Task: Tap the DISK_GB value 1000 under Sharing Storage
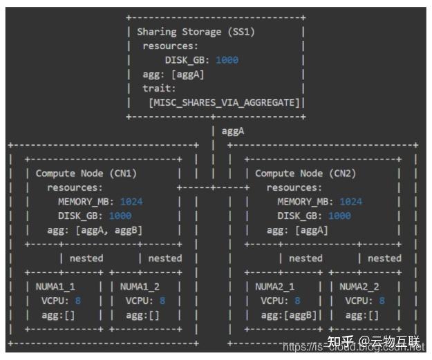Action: point(227,60)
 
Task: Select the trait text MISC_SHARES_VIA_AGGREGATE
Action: point(225,102)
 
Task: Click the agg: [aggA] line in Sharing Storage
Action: point(173,74)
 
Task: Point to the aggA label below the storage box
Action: point(233,131)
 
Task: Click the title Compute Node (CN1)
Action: point(86,173)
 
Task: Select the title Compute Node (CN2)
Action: point(305,173)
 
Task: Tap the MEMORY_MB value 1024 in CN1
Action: point(131,202)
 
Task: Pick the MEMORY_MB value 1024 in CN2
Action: point(350,202)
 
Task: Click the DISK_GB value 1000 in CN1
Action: point(120,216)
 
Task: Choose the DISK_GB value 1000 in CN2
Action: point(339,216)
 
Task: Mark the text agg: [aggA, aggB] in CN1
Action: point(95,230)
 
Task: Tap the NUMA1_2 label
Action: point(140,286)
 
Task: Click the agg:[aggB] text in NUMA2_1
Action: point(289,314)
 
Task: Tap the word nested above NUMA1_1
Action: point(86,258)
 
